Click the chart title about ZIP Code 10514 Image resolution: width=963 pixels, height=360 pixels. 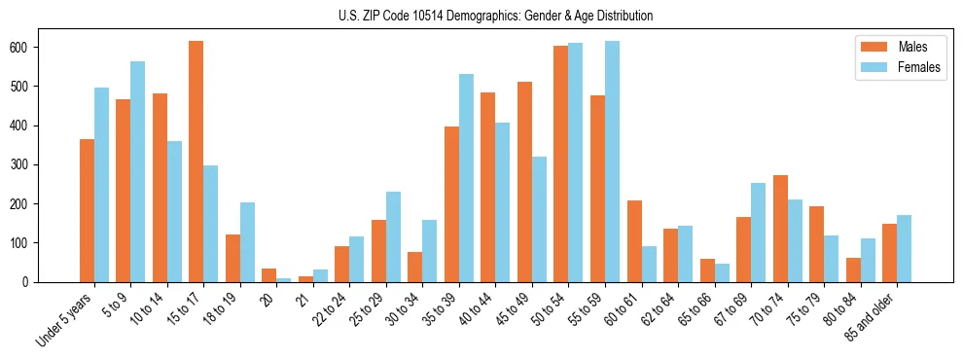point(481,16)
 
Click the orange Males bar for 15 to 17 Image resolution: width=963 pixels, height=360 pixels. point(196,162)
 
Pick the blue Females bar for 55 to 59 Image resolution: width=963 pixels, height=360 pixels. point(612,162)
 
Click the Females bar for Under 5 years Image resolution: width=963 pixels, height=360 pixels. point(101,185)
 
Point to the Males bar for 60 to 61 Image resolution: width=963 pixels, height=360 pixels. point(634,241)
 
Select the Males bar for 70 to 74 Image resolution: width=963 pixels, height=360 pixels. point(780,229)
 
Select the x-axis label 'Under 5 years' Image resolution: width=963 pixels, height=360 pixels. point(66,320)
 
